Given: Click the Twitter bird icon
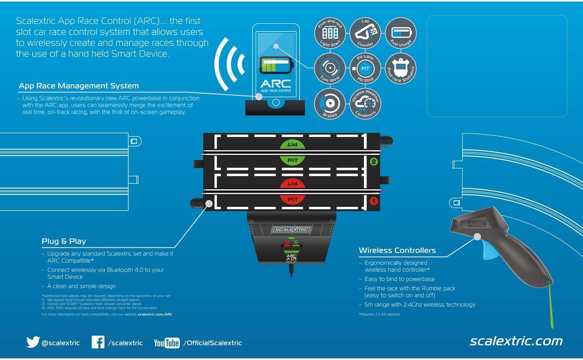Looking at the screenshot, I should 33,342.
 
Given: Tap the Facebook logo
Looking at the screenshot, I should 98,342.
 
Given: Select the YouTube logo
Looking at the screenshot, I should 166,343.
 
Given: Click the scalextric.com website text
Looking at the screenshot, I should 516,341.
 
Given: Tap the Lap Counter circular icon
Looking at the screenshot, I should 365,33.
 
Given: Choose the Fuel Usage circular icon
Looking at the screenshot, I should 400,33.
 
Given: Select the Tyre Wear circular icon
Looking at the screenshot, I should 330,68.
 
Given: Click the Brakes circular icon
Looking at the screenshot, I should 330,104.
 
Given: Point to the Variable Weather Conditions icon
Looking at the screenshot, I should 365,104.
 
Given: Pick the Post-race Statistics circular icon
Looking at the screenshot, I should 400,68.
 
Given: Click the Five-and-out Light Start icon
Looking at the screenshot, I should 330,33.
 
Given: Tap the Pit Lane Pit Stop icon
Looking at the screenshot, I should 365,68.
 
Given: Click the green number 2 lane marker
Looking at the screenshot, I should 374,162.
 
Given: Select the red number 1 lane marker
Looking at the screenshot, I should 374,201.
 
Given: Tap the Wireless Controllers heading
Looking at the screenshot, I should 397,250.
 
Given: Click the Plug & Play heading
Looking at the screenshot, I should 64,241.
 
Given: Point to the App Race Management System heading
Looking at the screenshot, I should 79,86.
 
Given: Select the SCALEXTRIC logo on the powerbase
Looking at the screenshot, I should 291,230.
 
